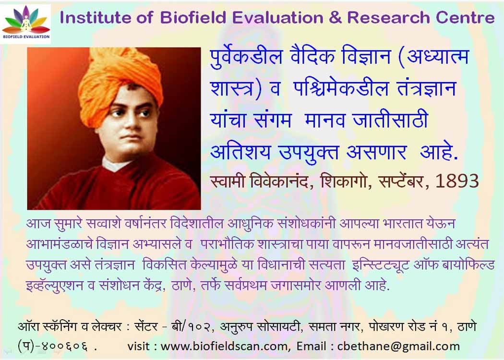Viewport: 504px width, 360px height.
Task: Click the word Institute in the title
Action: click(96, 17)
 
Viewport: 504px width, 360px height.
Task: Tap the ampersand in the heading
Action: click(335, 18)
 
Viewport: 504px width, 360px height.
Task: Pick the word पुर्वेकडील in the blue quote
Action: click(246, 57)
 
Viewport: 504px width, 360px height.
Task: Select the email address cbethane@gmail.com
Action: click(398, 346)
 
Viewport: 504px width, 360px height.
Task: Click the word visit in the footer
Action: click(138, 346)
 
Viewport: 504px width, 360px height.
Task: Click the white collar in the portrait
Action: click(116, 164)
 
